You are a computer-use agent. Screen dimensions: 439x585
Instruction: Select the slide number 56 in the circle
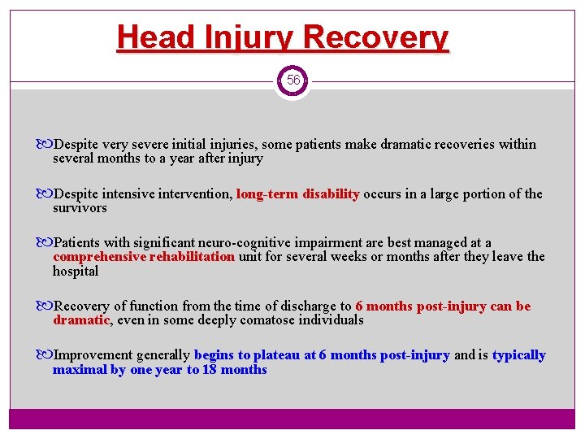292,80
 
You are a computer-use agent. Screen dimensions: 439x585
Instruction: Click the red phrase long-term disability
298,193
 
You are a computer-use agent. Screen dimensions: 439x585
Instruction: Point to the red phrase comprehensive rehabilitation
144,257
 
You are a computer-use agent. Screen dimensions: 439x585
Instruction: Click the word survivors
80,208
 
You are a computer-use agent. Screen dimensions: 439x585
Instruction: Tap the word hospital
76,272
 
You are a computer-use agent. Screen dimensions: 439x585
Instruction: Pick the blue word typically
518,355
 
